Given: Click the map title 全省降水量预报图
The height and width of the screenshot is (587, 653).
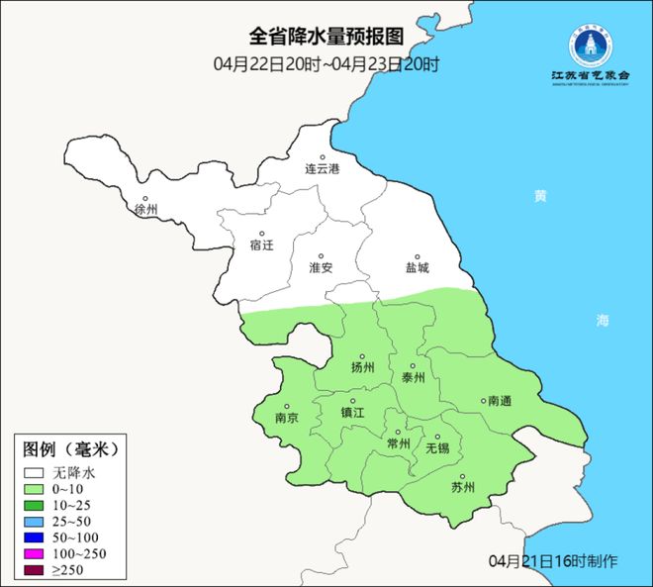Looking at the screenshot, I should click(326, 36).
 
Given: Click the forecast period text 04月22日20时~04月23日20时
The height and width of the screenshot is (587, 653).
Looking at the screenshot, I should click(326, 64).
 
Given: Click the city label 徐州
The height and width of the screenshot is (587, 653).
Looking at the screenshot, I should click(145, 209).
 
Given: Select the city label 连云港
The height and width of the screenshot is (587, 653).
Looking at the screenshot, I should click(322, 169).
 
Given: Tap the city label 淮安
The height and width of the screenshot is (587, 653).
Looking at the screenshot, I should click(321, 267).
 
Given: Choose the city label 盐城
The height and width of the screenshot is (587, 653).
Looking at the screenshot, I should click(417, 267).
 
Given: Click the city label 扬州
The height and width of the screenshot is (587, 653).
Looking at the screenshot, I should click(363, 367).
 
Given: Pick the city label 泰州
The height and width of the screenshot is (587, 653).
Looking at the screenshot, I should click(414, 377).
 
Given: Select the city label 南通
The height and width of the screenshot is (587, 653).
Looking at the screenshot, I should click(500, 401).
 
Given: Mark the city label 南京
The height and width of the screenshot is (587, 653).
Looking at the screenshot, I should click(287, 418).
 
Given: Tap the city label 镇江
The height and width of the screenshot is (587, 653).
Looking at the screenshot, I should click(352, 412).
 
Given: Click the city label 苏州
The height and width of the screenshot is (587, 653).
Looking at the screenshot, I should click(462, 487).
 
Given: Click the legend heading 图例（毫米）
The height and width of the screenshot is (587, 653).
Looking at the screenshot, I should click(70, 449).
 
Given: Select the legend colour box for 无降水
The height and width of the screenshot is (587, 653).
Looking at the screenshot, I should click(36, 473).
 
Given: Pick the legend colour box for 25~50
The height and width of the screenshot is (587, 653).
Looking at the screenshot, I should click(36, 521).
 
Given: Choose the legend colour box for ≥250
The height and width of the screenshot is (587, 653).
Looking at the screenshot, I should click(36, 569).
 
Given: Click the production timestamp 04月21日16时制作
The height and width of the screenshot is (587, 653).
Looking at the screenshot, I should click(553, 561).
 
